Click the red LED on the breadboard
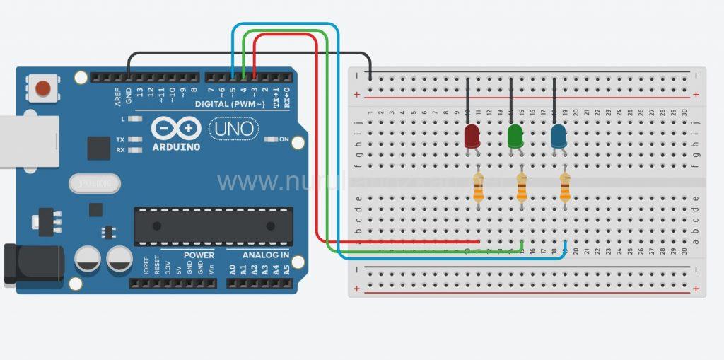click(x=472, y=136)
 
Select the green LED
click(x=515, y=136)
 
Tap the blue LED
click(x=559, y=136)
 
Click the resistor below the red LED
click(x=479, y=188)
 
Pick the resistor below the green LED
click(x=522, y=188)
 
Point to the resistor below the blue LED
click(x=565, y=188)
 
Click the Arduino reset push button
click(x=43, y=88)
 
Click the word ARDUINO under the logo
click(x=175, y=147)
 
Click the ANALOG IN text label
click(x=266, y=255)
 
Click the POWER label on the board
click(x=199, y=255)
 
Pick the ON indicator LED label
click(x=284, y=139)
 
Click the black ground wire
click(x=247, y=54)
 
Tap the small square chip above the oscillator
click(x=98, y=148)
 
